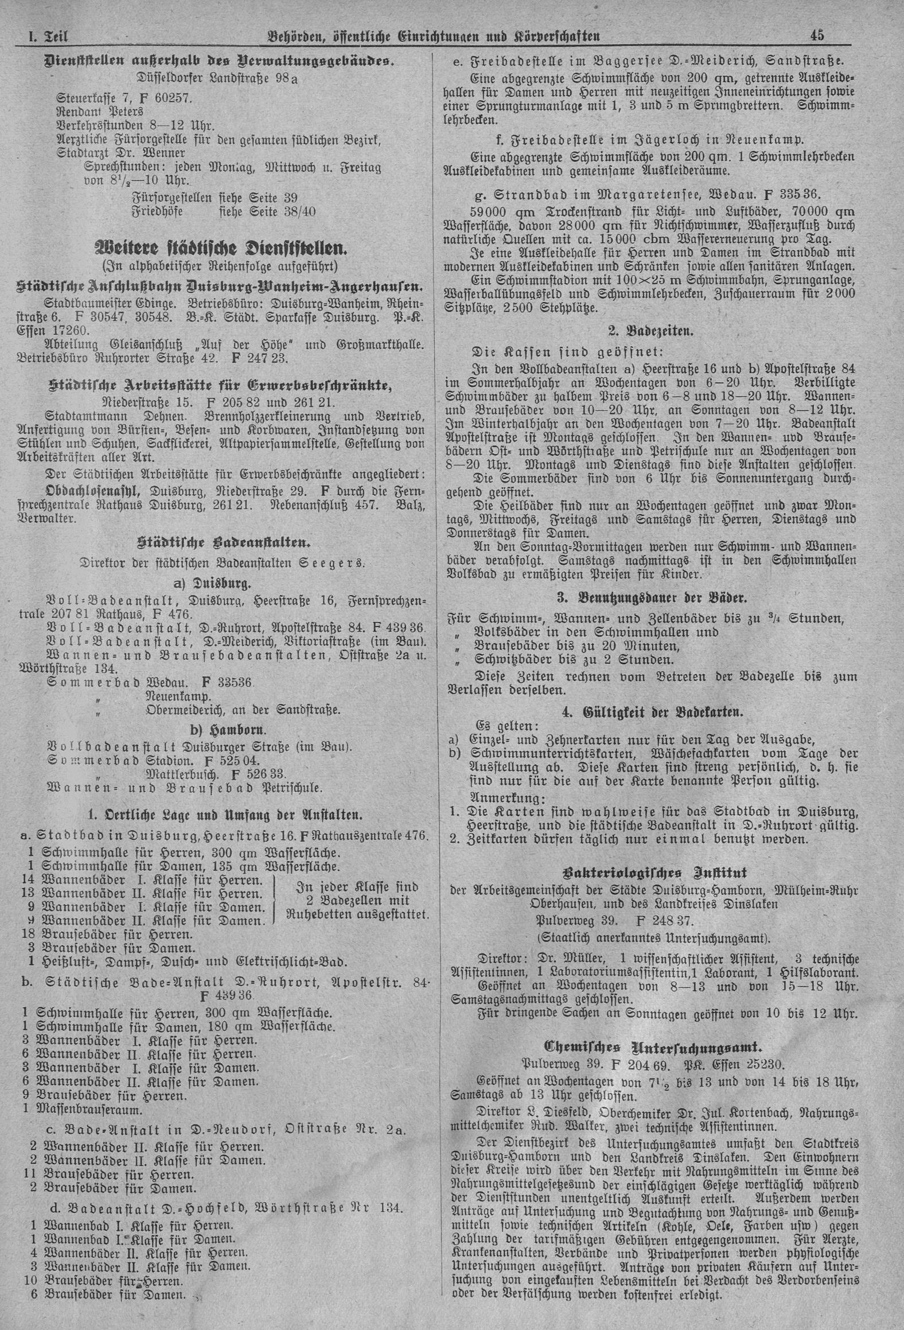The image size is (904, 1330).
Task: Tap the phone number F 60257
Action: (166, 98)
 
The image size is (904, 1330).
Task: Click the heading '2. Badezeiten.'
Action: (650, 331)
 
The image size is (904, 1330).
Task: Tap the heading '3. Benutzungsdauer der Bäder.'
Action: (650, 598)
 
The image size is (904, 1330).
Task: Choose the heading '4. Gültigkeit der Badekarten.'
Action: (650, 712)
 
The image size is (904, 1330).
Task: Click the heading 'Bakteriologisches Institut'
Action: (650, 873)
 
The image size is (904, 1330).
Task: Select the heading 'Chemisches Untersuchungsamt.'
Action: (650, 1049)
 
